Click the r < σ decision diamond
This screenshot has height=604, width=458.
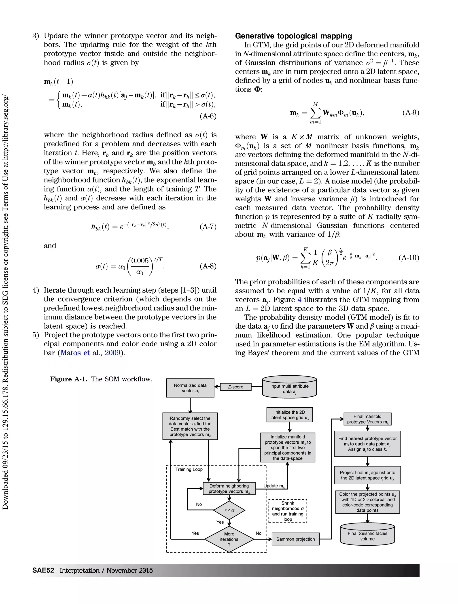tap(229, 510)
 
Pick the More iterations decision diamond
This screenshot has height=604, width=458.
tap(229, 539)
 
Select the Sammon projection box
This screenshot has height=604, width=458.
tap(295, 539)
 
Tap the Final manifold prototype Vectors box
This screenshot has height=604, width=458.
tap(367, 419)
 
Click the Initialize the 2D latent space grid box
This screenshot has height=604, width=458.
tap(290, 415)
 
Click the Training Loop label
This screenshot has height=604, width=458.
tap(189, 469)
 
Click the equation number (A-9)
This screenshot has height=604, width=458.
tap(411, 113)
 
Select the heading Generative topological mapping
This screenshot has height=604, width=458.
tap(293, 36)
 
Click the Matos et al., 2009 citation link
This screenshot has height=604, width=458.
tap(90, 353)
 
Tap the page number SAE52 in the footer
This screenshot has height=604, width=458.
tap(43, 570)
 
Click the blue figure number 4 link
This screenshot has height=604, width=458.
tap(299, 300)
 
